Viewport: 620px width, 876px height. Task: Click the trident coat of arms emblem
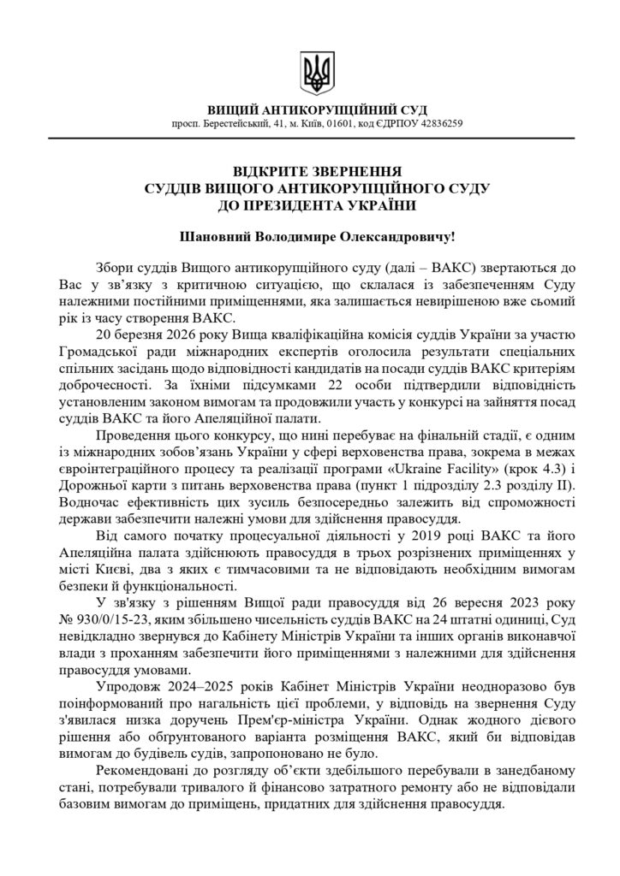310,74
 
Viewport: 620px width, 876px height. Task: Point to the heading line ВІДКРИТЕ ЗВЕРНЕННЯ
309,172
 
